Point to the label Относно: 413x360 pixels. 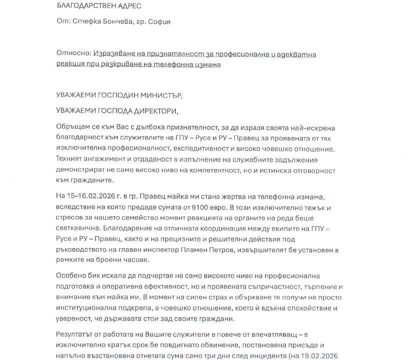point(73,54)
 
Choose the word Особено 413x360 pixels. point(71,275)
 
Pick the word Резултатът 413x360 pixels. point(75,334)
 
